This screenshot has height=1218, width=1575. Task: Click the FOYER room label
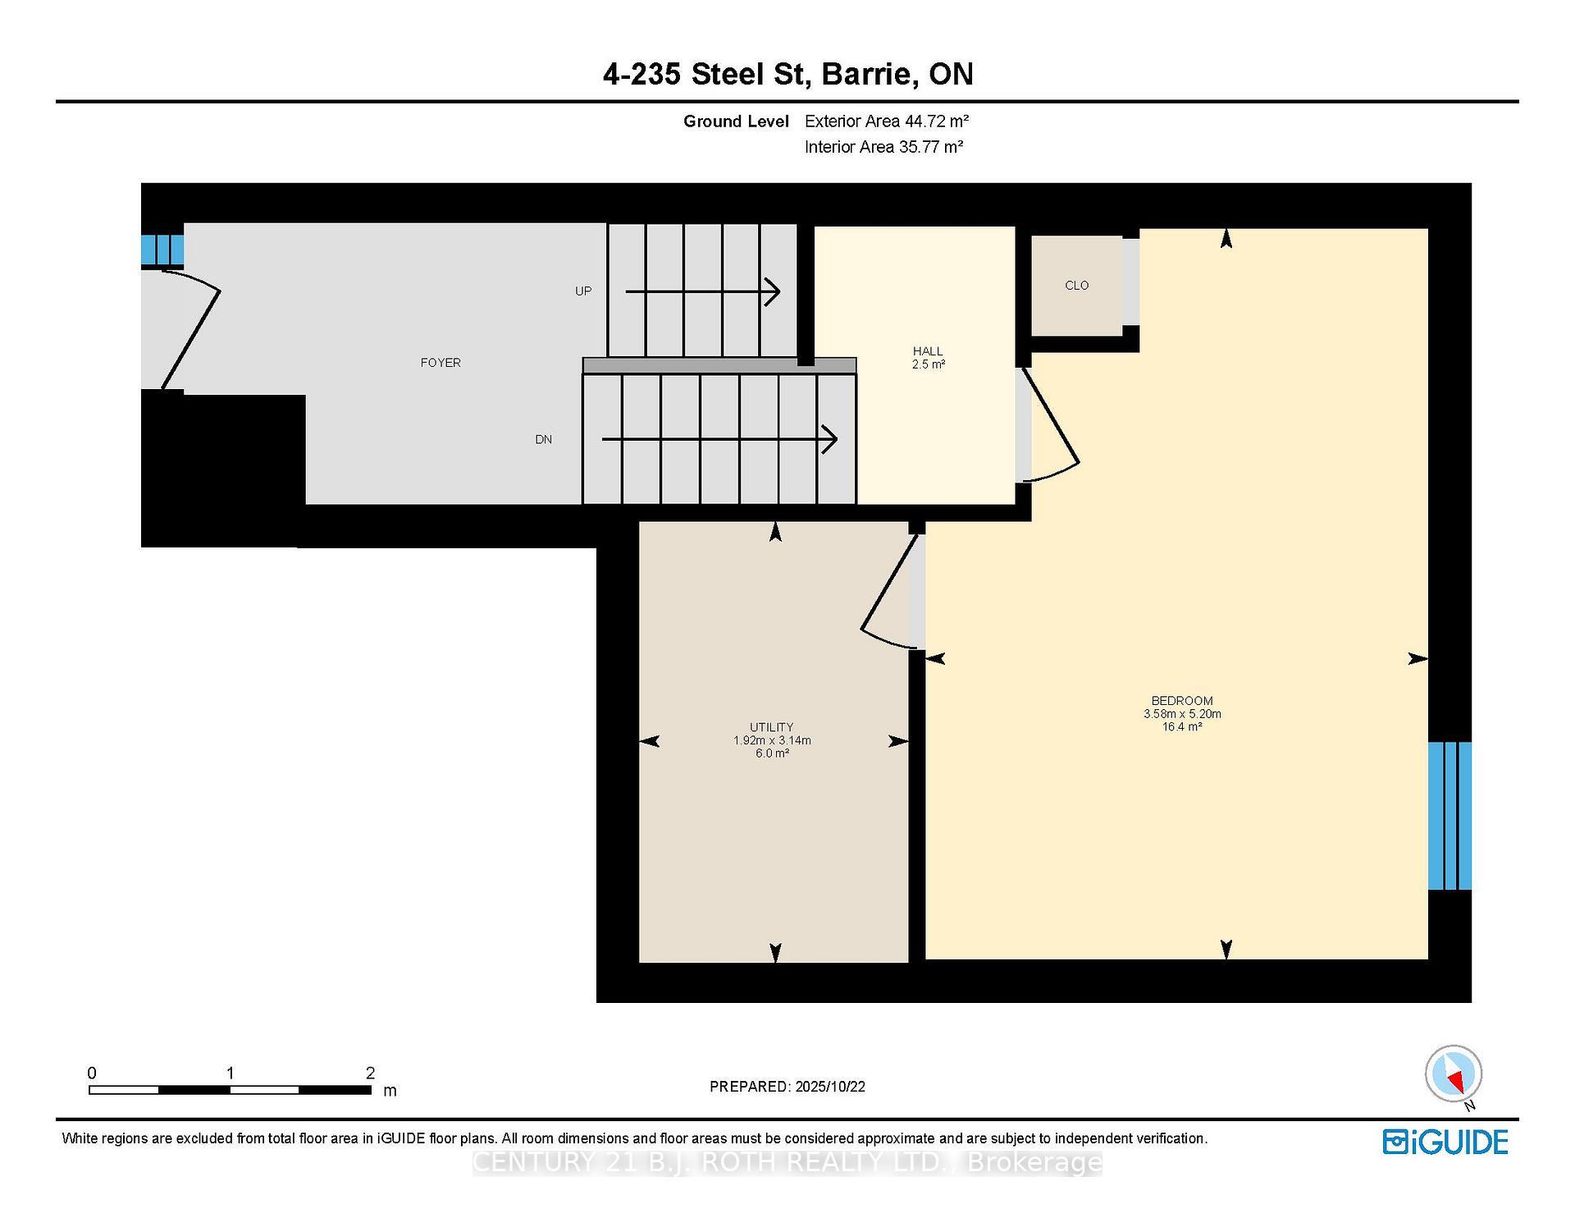(441, 363)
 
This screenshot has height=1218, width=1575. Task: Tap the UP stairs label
(583, 291)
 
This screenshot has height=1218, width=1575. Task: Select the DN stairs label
(543, 440)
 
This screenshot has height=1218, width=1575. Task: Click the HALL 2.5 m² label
(928, 358)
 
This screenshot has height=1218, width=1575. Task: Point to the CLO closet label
(1076, 286)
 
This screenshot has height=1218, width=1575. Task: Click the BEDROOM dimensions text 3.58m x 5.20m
(1182, 714)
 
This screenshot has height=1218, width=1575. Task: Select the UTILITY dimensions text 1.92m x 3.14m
(772, 740)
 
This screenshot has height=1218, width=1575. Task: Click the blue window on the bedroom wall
(1449, 816)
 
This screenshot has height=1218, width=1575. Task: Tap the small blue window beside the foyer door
(162, 250)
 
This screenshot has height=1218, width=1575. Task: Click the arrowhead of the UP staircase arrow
(774, 291)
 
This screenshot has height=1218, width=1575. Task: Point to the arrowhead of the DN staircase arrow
(830, 439)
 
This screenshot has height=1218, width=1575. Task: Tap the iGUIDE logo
(1445, 1142)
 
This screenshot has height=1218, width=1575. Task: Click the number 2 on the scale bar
(370, 1073)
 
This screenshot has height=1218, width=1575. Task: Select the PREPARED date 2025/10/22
(829, 1087)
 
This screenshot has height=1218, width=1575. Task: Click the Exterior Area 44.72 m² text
(887, 121)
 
